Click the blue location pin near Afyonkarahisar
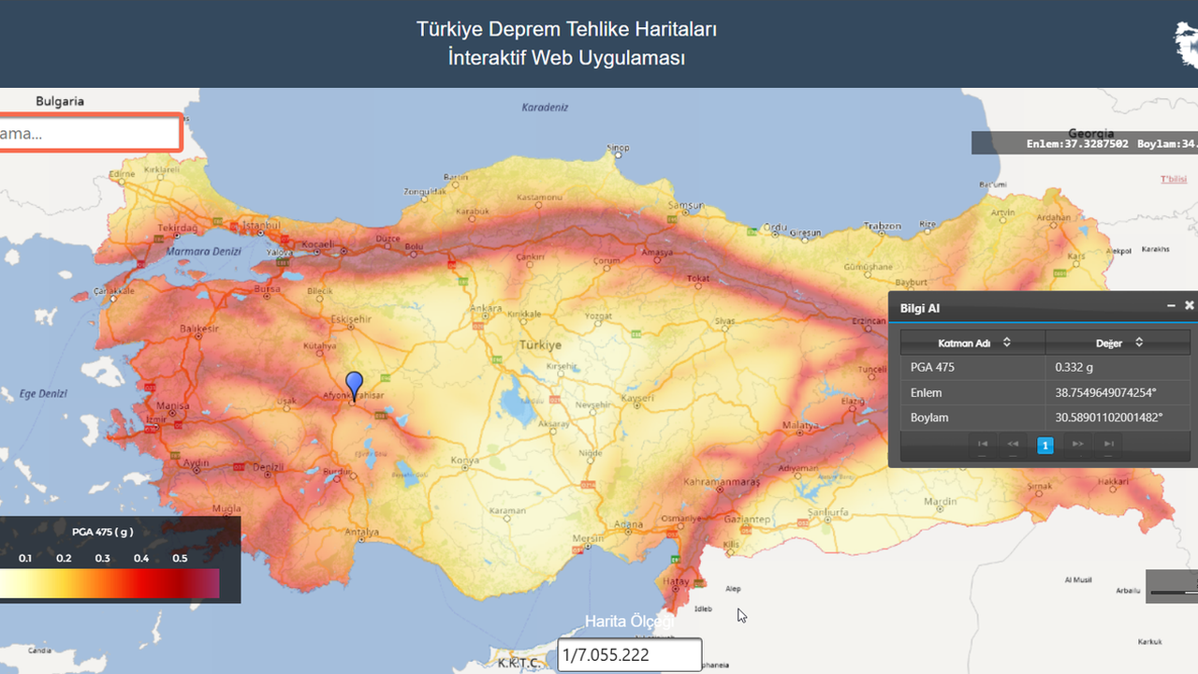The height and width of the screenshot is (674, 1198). point(354,384)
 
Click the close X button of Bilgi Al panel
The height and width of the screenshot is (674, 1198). point(1190,306)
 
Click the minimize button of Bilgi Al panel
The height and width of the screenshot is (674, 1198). point(1171,306)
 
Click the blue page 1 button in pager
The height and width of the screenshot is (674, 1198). point(1045,445)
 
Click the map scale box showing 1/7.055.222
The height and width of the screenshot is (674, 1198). point(629,655)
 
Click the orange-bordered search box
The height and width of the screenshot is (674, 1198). point(90,133)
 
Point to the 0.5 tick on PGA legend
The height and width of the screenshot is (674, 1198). point(180,559)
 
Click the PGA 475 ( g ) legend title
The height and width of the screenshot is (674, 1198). point(103,532)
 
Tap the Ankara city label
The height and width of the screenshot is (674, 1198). point(486,309)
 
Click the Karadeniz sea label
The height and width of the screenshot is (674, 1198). point(545,108)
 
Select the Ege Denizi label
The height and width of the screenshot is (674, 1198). point(43,394)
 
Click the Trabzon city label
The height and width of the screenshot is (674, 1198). point(882,227)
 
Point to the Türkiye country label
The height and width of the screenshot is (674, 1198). point(540,344)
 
